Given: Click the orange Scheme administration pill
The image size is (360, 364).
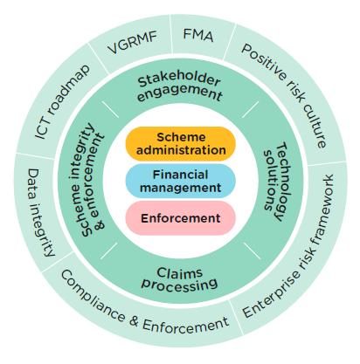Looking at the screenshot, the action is (x=180, y=144).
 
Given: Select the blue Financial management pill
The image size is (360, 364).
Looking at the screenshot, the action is (x=180, y=181).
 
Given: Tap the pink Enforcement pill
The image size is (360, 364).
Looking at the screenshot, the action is (x=180, y=218).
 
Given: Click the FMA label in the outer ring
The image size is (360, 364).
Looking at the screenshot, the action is (x=198, y=36).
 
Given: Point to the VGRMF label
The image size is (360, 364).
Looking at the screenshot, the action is (x=132, y=43).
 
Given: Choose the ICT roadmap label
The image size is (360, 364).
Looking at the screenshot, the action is (x=62, y=101).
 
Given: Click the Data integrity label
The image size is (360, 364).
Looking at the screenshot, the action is (x=41, y=213).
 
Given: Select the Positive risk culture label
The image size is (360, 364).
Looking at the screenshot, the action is (x=285, y=96).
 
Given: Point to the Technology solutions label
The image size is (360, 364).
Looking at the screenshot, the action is (x=277, y=182).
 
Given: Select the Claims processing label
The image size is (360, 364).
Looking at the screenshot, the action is (x=180, y=280).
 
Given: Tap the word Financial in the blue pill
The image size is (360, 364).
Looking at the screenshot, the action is (x=180, y=175).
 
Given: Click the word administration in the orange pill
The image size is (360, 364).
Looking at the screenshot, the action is (x=181, y=150).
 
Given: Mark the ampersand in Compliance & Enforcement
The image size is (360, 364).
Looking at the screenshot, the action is (x=134, y=320).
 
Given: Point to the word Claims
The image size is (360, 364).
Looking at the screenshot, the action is (x=179, y=273).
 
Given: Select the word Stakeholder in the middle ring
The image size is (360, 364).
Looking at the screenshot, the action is (x=179, y=79).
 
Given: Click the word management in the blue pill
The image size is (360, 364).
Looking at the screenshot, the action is (x=180, y=188).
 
